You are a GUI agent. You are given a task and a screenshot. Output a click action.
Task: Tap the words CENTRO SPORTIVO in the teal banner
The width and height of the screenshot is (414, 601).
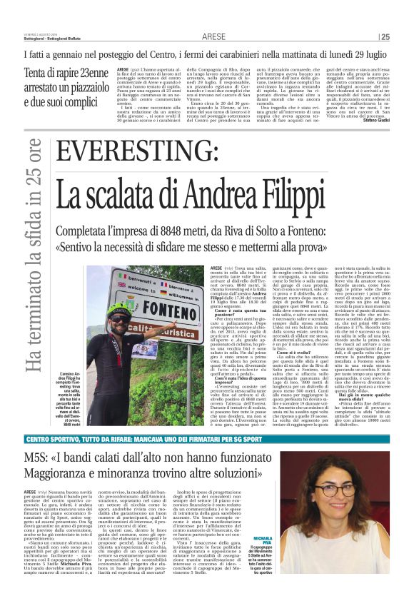[54, 440]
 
